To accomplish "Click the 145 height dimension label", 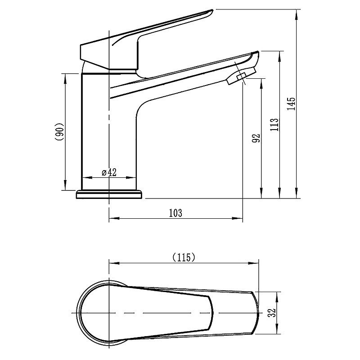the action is point(291,103).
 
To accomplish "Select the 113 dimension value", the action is point(274,125).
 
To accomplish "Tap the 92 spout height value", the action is point(256,138).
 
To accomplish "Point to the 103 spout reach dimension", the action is point(175,213).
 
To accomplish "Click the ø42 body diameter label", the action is point(109,172).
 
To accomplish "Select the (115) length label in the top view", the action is point(184,257).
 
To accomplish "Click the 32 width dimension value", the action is point(273,312).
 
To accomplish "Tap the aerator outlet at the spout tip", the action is point(241,76).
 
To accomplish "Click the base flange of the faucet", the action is point(109,194).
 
